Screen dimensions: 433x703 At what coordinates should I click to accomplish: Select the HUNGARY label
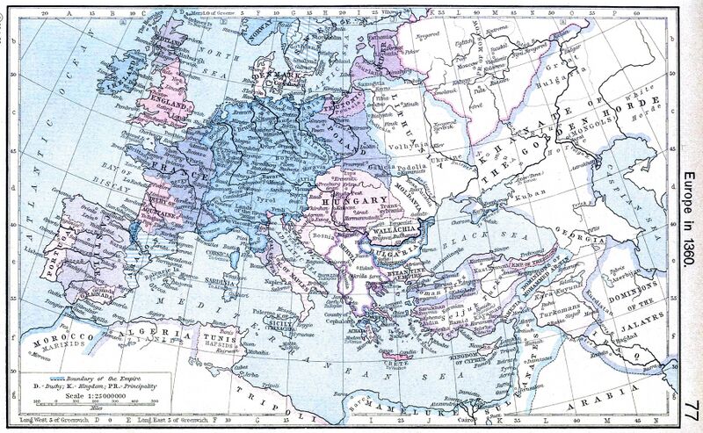tap(350, 201)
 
